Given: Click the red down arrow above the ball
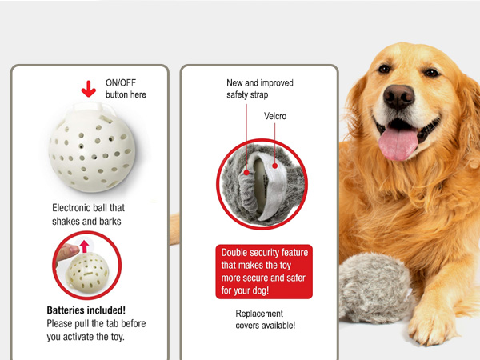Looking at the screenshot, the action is pyautogui.click(x=89, y=89).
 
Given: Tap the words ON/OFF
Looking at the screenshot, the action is pyautogui.click(x=121, y=82).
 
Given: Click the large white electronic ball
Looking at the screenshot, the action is pyautogui.click(x=92, y=148).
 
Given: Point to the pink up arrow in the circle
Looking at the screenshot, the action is pyautogui.click(x=84, y=246).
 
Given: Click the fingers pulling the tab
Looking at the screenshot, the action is pyautogui.click(x=67, y=252).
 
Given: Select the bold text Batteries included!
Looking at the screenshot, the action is pyautogui.click(x=86, y=310).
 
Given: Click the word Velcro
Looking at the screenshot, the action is pyautogui.click(x=275, y=116).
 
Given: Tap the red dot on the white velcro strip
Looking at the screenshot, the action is pyautogui.click(x=275, y=166).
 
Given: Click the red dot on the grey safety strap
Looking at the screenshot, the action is pyautogui.click(x=246, y=173).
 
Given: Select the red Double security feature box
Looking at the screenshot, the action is pyautogui.click(x=264, y=271).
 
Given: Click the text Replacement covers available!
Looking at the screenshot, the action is pyautogui.click(x=266, y=319).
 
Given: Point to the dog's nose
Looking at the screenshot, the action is pyautogui.click(x=398, y=97).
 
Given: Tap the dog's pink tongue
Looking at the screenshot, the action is pyautogui.click(x=398, y=143).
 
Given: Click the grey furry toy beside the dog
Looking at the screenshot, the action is pyautogui.click(x=374, y=288).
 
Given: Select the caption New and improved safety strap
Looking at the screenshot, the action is pyautogui.click(x=260, y=89).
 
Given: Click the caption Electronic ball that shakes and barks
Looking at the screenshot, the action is pyautogui.click(x=89, y=214).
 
